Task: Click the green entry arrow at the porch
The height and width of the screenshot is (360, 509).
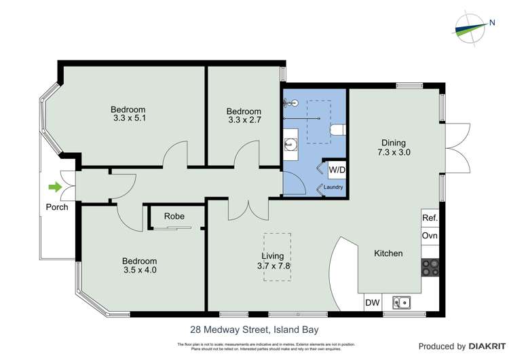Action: pyautogui.click(x=53, y=187)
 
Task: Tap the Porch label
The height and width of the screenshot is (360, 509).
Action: pyautogui.click(x=57, y=207)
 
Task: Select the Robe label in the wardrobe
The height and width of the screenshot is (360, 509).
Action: pyautogui.click(x=174, y=217)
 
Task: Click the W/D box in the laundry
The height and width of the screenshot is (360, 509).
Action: pyautogui.click(x=337, y=169)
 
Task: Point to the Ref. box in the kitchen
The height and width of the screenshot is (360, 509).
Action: pyautogui.click(x=430, y=218)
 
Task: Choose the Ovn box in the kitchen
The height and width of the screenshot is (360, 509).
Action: pyautogui.click(x=430, y=236)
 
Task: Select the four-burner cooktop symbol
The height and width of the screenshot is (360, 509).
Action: pyautogui.click(x=430, y=268)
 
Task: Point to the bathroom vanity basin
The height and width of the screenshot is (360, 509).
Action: pyautogui.click(x=288, y=144)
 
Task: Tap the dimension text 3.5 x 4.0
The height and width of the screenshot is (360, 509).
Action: pyautogui.click(x=139, y=270)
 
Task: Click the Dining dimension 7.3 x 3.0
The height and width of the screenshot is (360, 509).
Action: pyautogui.click(x=393, y=153)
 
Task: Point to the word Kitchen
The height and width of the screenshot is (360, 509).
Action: pyautogui.click(x=388, y=253)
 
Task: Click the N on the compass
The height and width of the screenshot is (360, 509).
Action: pyautogui.click(x=491, y=24)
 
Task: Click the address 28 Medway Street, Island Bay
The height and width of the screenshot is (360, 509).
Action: pyautogui.click(x=254, y=330)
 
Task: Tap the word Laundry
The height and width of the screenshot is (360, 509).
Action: pyautogui.click(x=333, y=187)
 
